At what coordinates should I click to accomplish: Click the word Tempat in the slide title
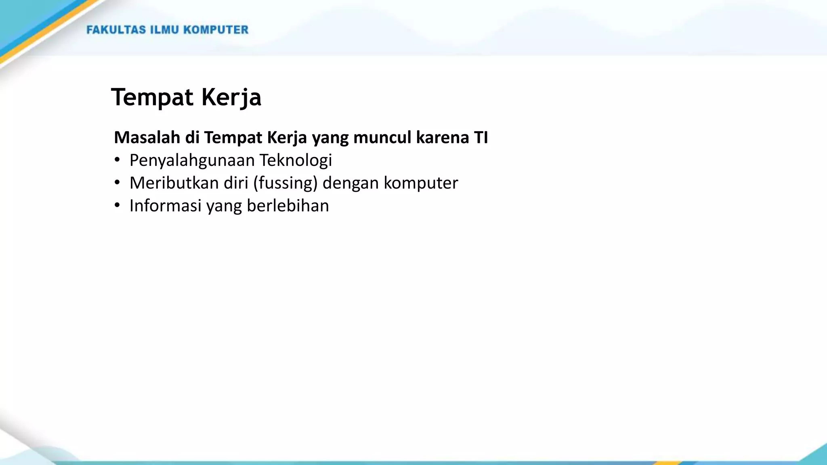click(x=152, y=98)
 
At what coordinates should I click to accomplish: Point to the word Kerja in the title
click(x=231, y=98)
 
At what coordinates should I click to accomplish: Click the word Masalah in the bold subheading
click(x=147, y=138)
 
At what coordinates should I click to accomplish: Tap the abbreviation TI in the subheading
click(x=481, y=138)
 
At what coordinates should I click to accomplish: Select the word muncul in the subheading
click(x=382, y=138)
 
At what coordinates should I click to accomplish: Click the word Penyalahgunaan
click(x=192, y=161)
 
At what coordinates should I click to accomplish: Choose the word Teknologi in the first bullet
click(x=296, y=161)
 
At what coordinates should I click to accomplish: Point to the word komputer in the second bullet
click(x=421, y=183)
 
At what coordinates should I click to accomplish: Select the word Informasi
click(x=165, y=206)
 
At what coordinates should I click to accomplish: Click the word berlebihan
click(x=288, y=206)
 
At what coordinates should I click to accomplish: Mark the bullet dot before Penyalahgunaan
click(x=117, y=160)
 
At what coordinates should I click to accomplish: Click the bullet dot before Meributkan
click(x=117, y=183)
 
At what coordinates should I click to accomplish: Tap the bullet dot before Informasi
click(x=117, y=205)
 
